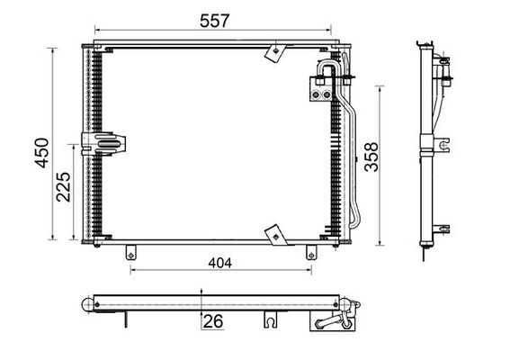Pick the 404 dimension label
click(x=218, y=263)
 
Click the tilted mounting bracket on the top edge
click(x=273, y=52)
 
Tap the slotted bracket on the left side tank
click(x=104, y=144)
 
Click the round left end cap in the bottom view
click(x=88, y=304)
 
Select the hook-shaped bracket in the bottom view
click(x=269, y=319)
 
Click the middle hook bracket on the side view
click(x=445, y=144)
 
